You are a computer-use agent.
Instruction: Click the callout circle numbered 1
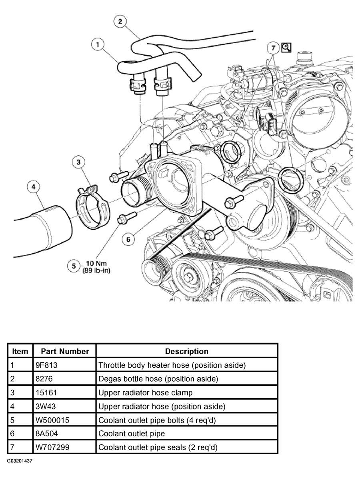tap(98, 44)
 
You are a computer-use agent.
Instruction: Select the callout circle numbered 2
tap(120, 21)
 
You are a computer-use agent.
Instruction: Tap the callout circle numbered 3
tap(78, 162)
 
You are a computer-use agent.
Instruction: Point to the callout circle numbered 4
tap(34, 187)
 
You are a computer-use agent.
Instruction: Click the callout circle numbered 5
tap(73, 266)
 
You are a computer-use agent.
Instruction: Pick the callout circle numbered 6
tap(128, 239)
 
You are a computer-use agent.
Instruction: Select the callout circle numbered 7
tap(273, 48)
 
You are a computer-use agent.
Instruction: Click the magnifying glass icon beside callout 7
tap(286, 48)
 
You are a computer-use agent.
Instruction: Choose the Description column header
tap(187, 351)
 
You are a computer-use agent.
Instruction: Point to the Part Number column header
tap(65, 351)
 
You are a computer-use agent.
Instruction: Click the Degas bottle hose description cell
tap(158, 379)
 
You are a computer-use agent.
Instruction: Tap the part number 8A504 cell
tap(46, 433)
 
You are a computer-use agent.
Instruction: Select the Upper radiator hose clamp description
tap(146, 393)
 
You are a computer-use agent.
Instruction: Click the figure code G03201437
tap(20, 461)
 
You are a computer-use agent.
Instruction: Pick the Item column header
tap(20, 351)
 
